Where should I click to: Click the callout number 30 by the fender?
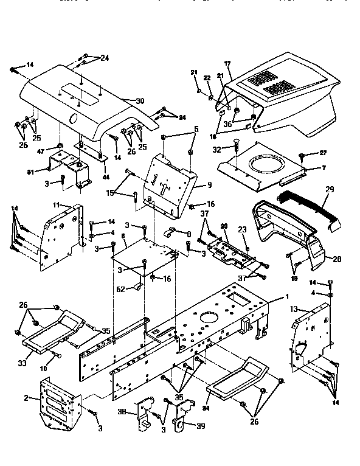click(x=140, y=100)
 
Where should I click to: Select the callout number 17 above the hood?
click(x=228, y=63)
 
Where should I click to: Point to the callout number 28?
click(x=336, y=259)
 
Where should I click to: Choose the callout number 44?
click(x=107, y=176)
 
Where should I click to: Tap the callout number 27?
click(x=322, y=154)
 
